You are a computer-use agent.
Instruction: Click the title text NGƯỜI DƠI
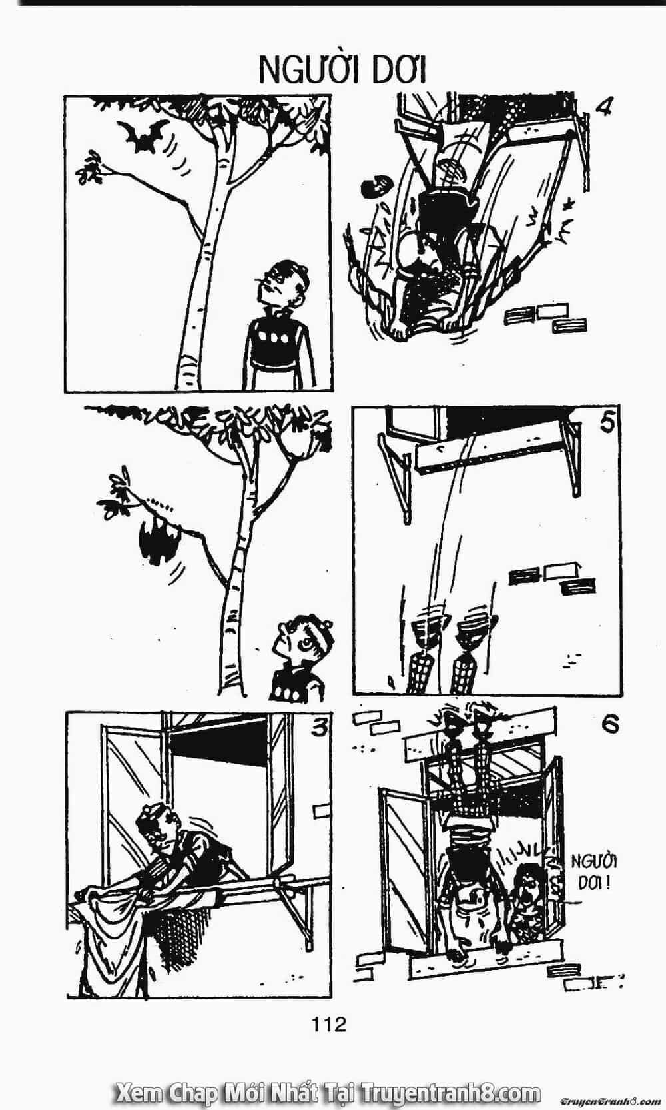342,71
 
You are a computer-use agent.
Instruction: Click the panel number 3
320,727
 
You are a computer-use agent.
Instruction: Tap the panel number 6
610,724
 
